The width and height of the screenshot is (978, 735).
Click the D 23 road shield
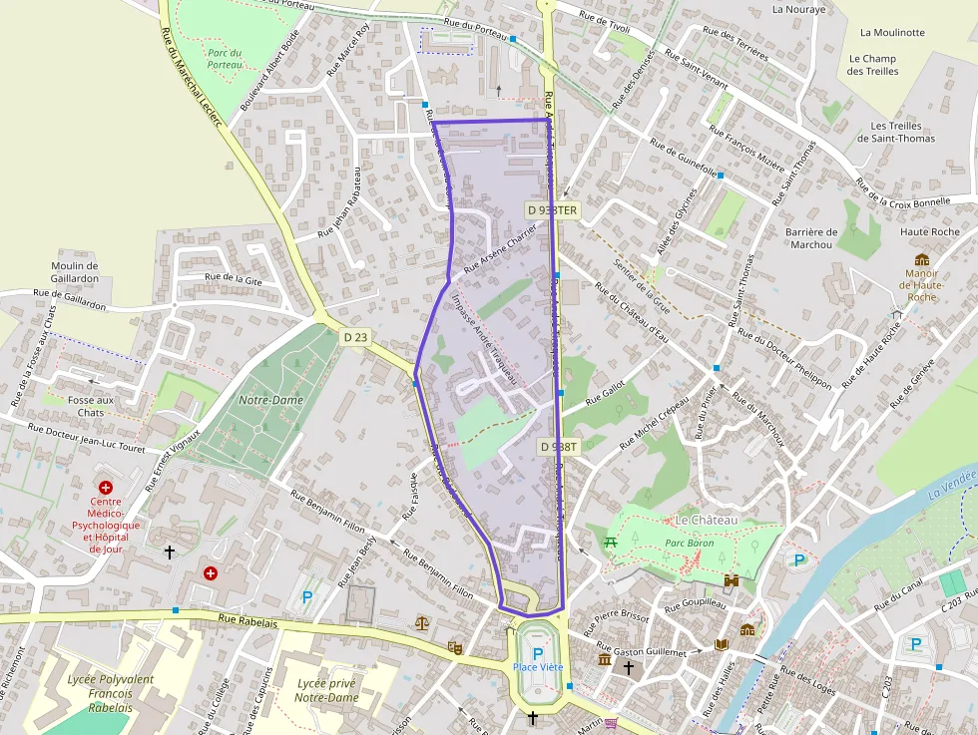pyautogui.click(x=355, y=337)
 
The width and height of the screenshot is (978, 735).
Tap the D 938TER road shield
pyautogui.click(x=553, y=209)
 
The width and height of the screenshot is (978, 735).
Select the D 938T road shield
pyautogui.click(x=559, y=447)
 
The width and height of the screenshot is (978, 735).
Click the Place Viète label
pyautogui.click(x=538, y=666)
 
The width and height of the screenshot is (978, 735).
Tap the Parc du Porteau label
pyautogui.click(x=225, y=58)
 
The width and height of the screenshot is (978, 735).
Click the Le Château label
pyautogui.click(x=706, y=521)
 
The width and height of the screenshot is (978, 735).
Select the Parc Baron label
pyautogui.click(x=688, y=544)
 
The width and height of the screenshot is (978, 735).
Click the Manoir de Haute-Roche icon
pyautogui.click(x=922, y=259)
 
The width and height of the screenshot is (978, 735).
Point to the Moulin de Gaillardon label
pyautogui.click(x=75, y=272)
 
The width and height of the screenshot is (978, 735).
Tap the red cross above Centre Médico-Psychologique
pyautogui.click(x=105, y=487)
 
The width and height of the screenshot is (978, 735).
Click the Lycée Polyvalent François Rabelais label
pyautogui.click(x=110, y=693)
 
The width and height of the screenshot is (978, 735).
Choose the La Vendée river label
pyautogui.click(x=950, y=481)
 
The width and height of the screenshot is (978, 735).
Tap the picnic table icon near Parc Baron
pyautogui.click(x=611, y=542)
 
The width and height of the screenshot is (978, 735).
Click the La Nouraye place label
pyautogui.click(x=799, y=9)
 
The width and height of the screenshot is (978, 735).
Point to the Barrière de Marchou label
pyautogui.click(x=812, y=238)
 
